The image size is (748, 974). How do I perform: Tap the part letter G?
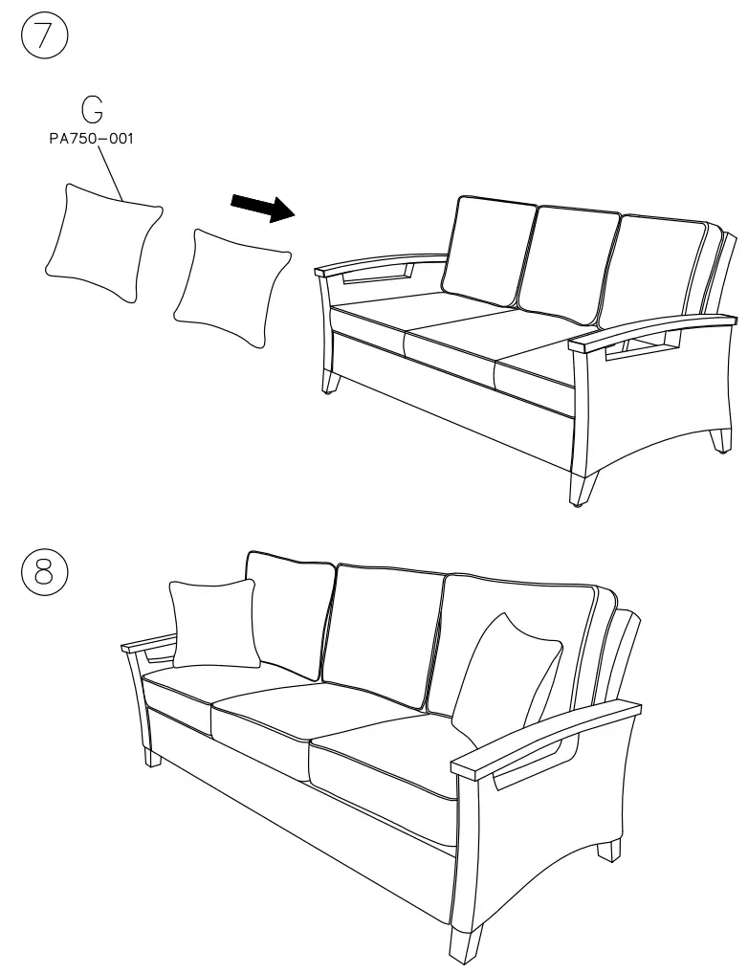92,111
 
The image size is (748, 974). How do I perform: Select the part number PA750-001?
92,139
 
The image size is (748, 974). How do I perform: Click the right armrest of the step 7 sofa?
650,331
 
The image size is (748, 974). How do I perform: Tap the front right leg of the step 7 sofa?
580,488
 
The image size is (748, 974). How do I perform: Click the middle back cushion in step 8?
383,631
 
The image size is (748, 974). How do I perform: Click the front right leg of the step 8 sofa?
468,942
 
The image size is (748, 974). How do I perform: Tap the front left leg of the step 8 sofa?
153,757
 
